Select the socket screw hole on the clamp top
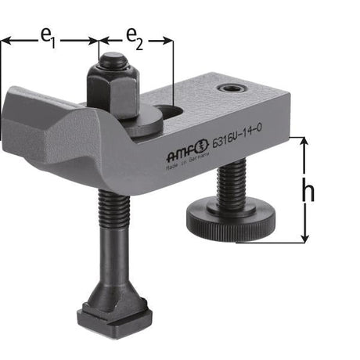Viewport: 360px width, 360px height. click(x=232, y=88)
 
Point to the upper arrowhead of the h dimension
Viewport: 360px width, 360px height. click(x=303, y=142)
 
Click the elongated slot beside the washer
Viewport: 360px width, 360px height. click(x=166, y=112)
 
